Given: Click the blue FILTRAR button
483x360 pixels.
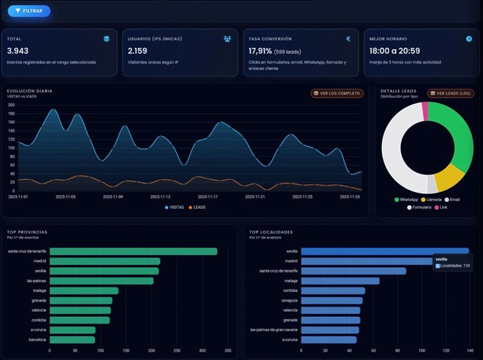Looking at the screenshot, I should coord(29,11).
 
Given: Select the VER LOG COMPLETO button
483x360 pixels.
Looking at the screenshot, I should coord(337,93).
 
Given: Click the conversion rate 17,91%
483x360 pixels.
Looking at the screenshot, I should coord(261,51).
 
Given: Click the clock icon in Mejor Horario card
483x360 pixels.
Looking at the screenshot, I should coord(469,39).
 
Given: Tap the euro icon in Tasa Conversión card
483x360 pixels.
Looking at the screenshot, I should coord(348,39).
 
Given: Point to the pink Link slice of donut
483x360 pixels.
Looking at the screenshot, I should coord(425,111).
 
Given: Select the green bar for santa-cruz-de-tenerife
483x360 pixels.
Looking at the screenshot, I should coord(133,251).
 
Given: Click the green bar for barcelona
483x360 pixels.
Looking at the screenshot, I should coord(72,339).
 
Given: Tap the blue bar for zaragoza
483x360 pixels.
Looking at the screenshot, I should coord(331,300).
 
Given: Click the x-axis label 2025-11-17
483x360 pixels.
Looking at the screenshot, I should coord(207,197).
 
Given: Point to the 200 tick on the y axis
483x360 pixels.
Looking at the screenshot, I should coord(11,104).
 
